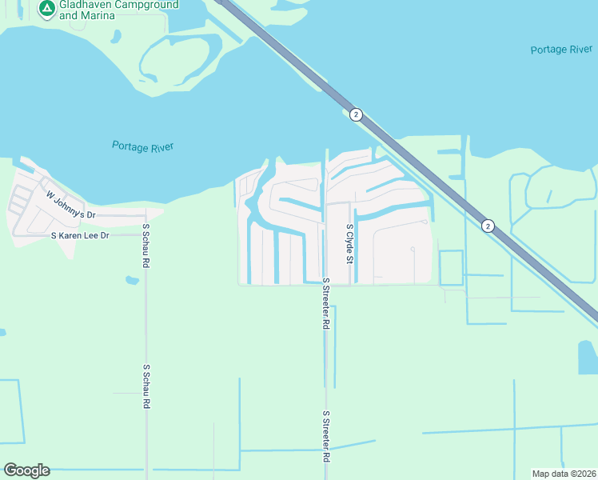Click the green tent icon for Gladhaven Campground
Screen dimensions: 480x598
click(46, 8)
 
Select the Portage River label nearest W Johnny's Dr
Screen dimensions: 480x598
click(142, 146)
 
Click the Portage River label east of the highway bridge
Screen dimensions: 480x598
click(561, 50)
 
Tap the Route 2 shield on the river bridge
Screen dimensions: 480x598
click(357, 114)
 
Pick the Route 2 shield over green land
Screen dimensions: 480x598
click(488, 226)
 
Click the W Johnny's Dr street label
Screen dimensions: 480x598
click(70, 206)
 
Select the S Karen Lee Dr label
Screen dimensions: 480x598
click(90, 236)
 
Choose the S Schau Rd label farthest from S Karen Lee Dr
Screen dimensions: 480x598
click(146, 386)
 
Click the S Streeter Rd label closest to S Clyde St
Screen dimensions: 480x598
click(326, 305)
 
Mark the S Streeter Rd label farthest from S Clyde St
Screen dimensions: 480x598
click(326, 437)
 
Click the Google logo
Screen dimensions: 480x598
click(27, 470)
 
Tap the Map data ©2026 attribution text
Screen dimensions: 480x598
click(563, 474)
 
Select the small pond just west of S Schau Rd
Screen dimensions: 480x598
click(132, 280)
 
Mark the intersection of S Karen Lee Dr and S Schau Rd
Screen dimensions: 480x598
click(146, 236)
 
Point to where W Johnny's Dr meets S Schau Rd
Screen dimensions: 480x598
click(146, 215)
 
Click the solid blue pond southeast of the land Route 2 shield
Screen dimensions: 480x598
click(587, 357)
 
